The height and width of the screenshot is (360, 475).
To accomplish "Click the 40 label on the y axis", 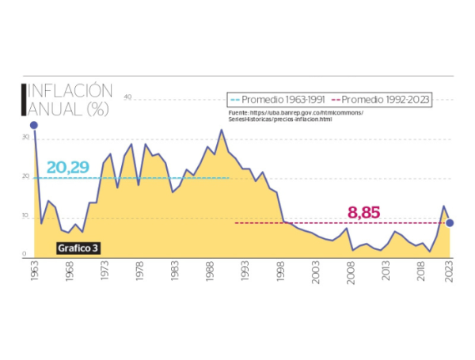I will [x=127, y=97].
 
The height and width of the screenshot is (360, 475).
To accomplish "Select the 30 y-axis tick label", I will [x=26, y=137].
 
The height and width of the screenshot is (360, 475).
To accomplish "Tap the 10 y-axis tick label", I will [x=26, y=216].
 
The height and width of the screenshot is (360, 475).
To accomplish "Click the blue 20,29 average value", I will [x=67, y=167].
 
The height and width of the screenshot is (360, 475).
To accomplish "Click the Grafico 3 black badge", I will [x=78, y=248].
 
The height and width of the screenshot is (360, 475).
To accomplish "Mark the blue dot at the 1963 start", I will [x=34, y=125].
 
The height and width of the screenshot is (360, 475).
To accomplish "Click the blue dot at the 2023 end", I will [x=450, y=223].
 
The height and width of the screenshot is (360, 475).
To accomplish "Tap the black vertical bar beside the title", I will [x=23, y=99].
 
